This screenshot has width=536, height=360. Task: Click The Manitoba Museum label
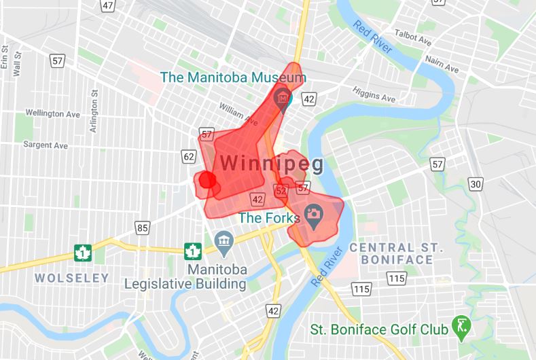tap(230, 77)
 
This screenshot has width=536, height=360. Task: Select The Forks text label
tap(269, 218)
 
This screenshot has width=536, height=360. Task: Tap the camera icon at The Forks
tap(313, 214)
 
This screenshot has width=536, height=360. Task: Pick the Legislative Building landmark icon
tap(222, 240)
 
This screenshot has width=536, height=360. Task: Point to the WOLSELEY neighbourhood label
tap(71, 278)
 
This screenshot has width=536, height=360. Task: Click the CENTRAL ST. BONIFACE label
tap(391, 253)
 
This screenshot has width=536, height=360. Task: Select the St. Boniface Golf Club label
tap(379, 329)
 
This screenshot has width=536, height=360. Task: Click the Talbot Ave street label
tap(412, 42)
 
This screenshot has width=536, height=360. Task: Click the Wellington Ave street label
tap(53, 113)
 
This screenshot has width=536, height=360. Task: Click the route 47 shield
tap(107, 5)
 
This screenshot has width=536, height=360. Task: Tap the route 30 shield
tap(476, 184)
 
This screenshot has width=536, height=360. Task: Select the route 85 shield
tap(142, 228)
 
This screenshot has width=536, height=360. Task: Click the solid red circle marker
tap(207, 180)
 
